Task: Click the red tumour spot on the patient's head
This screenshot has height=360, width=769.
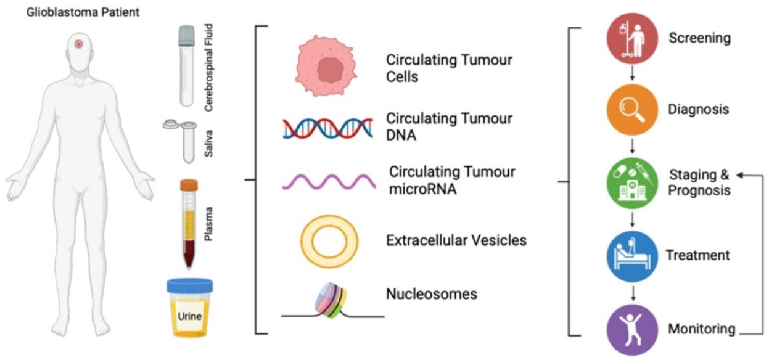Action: pyautogui.click(x=79, y=44)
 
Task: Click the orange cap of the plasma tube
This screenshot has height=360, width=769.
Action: pyautogui.click(x=189, y=184)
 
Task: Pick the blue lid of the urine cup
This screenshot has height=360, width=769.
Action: pyautogui.click(x=189, y=286)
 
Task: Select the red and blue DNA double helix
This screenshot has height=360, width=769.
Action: pyautogui.click(x=327, y=126)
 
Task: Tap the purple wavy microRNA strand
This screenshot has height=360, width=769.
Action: pyautogui.click(x=328, y=181)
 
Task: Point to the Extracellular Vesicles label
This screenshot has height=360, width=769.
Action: pyautogui.click(x=456, y=240)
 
